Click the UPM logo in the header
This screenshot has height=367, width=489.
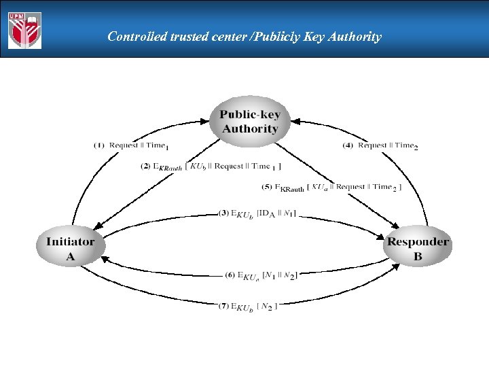tap(24, 31)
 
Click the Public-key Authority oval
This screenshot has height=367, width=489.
tap(250, 122)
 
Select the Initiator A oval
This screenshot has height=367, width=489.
tap(71, 249)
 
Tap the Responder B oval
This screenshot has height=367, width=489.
tap(418, 249)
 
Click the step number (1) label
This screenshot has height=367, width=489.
tap(99, 145)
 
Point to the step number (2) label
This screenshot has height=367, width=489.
tap(145, 167)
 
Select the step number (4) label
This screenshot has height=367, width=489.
tap(348, 145)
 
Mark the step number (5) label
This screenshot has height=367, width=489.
tap(268, 187)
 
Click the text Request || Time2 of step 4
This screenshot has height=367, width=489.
tap(387, 145)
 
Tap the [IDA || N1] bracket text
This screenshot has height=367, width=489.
tap(276, 213)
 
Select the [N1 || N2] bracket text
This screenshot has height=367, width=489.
tap(278, 275)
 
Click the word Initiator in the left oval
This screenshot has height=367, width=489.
tap(71, 241)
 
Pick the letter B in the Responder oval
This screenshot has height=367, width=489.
tap(418, 257)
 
